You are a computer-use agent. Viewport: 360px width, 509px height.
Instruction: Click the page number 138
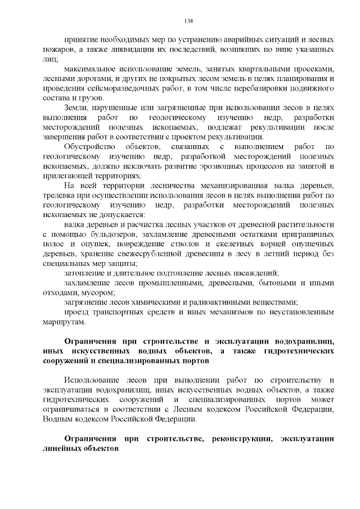(x=188, y=21)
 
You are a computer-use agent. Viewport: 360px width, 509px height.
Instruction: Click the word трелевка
(x=58, y=196)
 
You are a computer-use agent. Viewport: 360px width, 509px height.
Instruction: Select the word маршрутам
(x=63, y=322)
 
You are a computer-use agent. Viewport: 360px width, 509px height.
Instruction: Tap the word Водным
(x=57, y=419)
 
